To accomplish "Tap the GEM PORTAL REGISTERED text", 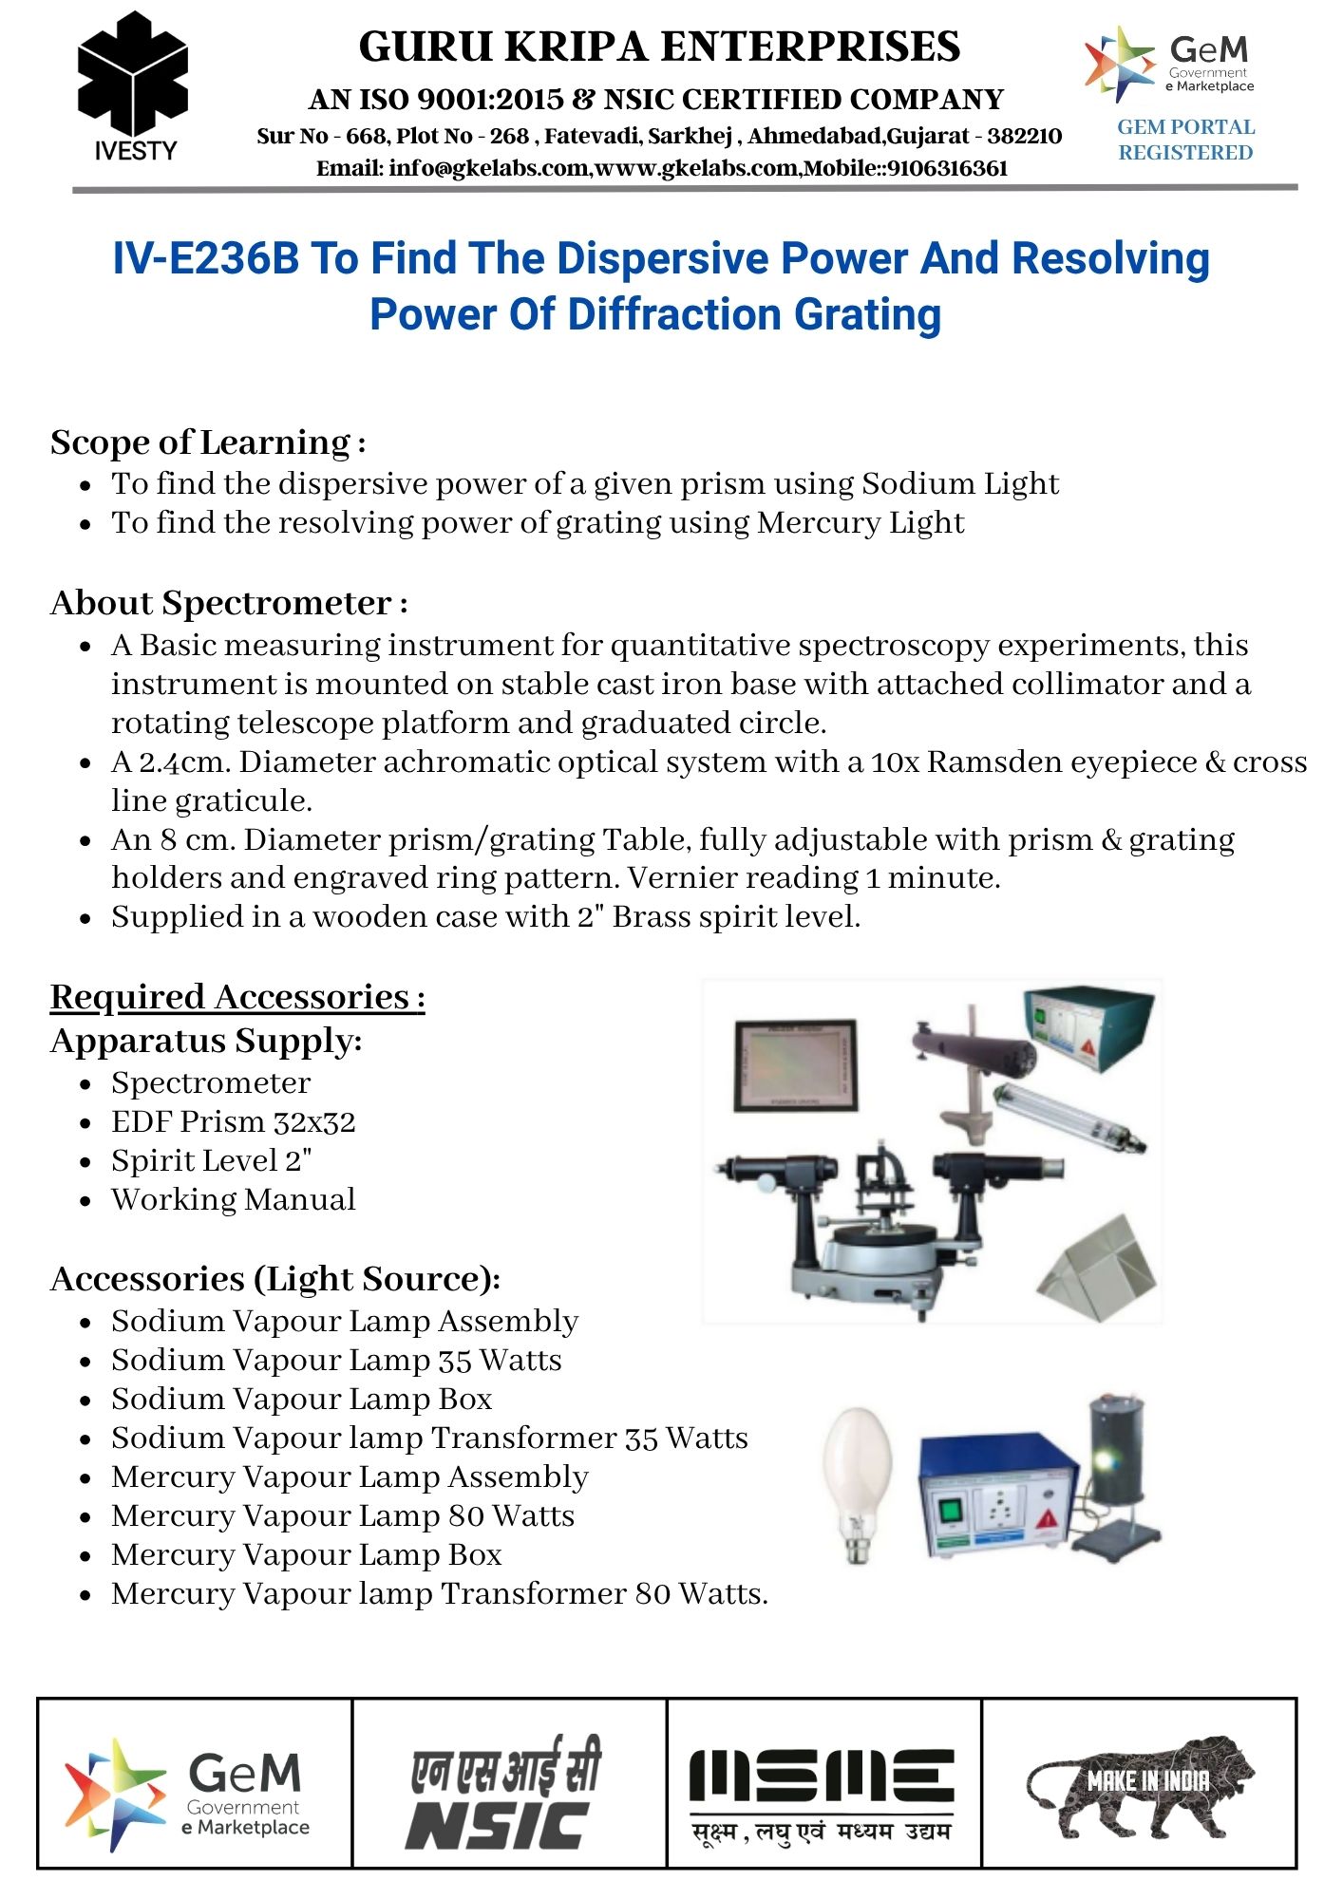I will click(1185, 140).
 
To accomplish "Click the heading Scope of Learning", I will click(201, 442).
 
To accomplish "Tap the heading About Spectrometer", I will click(221, 603).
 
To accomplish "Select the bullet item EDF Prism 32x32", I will click(233, 1122).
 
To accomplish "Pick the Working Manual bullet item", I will click(233, 1200).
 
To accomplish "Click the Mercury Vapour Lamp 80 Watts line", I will click(342, 1516).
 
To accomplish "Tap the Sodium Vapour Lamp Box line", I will click(301, 1400).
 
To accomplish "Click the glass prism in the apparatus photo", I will click(1102, 1269).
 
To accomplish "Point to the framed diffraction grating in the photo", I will click(796, 1064).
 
